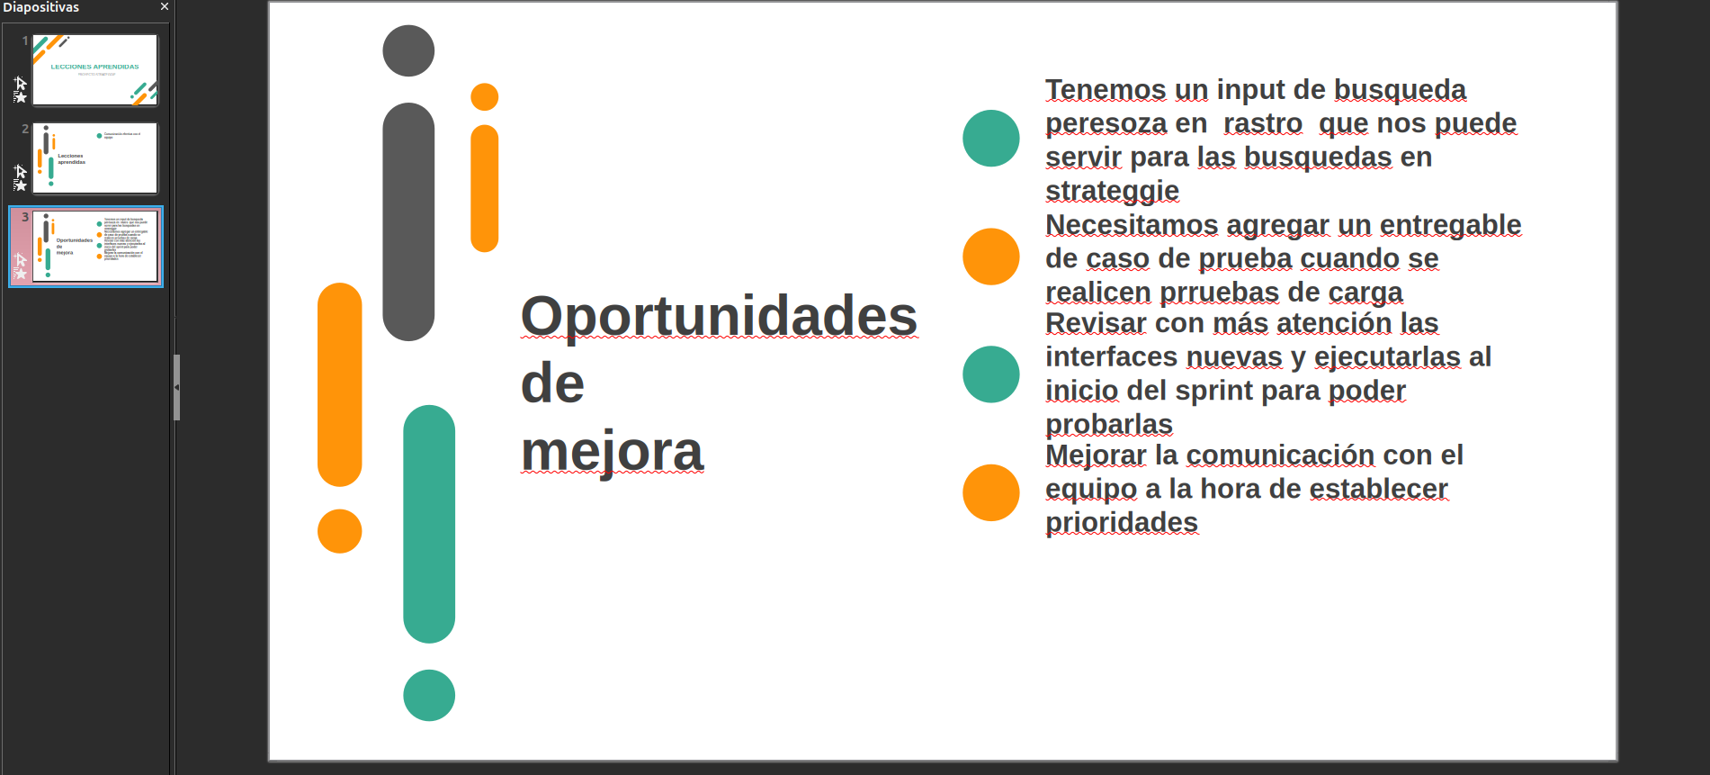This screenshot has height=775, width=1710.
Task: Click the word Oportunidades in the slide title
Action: click(x=718, y=317)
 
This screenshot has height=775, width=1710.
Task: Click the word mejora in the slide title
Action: click(x=612, y=452)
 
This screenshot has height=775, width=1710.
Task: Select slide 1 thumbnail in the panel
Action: click(x=94, y=70)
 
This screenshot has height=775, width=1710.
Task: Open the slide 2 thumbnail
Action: click(x=94, y=158)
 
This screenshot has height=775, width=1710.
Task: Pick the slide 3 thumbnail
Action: click(x=94, y=247)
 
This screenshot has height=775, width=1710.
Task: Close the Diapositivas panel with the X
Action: click(x=165, y=7)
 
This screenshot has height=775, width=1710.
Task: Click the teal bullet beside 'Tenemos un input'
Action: click(x=990, y=139)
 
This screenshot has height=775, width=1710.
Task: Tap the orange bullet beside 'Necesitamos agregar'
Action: click(x=990, y=257)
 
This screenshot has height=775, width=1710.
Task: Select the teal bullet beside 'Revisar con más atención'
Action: click(x=990, y=374)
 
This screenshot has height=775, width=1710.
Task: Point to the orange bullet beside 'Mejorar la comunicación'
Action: click(x=990, y=492)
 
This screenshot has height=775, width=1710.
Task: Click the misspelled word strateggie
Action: click(x=1112, y=191)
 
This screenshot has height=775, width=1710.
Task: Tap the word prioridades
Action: click(x=1121, y=523)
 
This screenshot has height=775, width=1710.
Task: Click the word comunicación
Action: click(x=1280, y=455)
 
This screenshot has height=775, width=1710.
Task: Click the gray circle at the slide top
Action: click(x=408, y=51)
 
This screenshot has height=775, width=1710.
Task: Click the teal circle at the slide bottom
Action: click(x=429, y=695)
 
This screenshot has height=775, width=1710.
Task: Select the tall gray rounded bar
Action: click(x=408, y=221)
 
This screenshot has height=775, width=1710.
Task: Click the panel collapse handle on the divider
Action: click(x=176, y=387)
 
